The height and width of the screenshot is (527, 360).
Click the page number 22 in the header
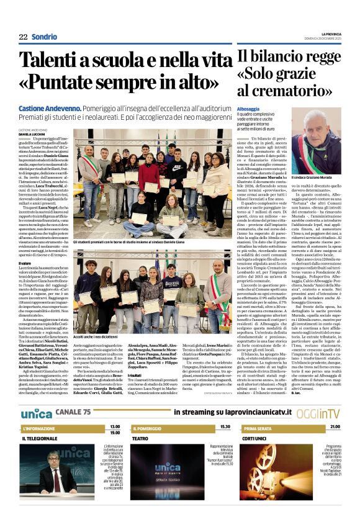(23, 37)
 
